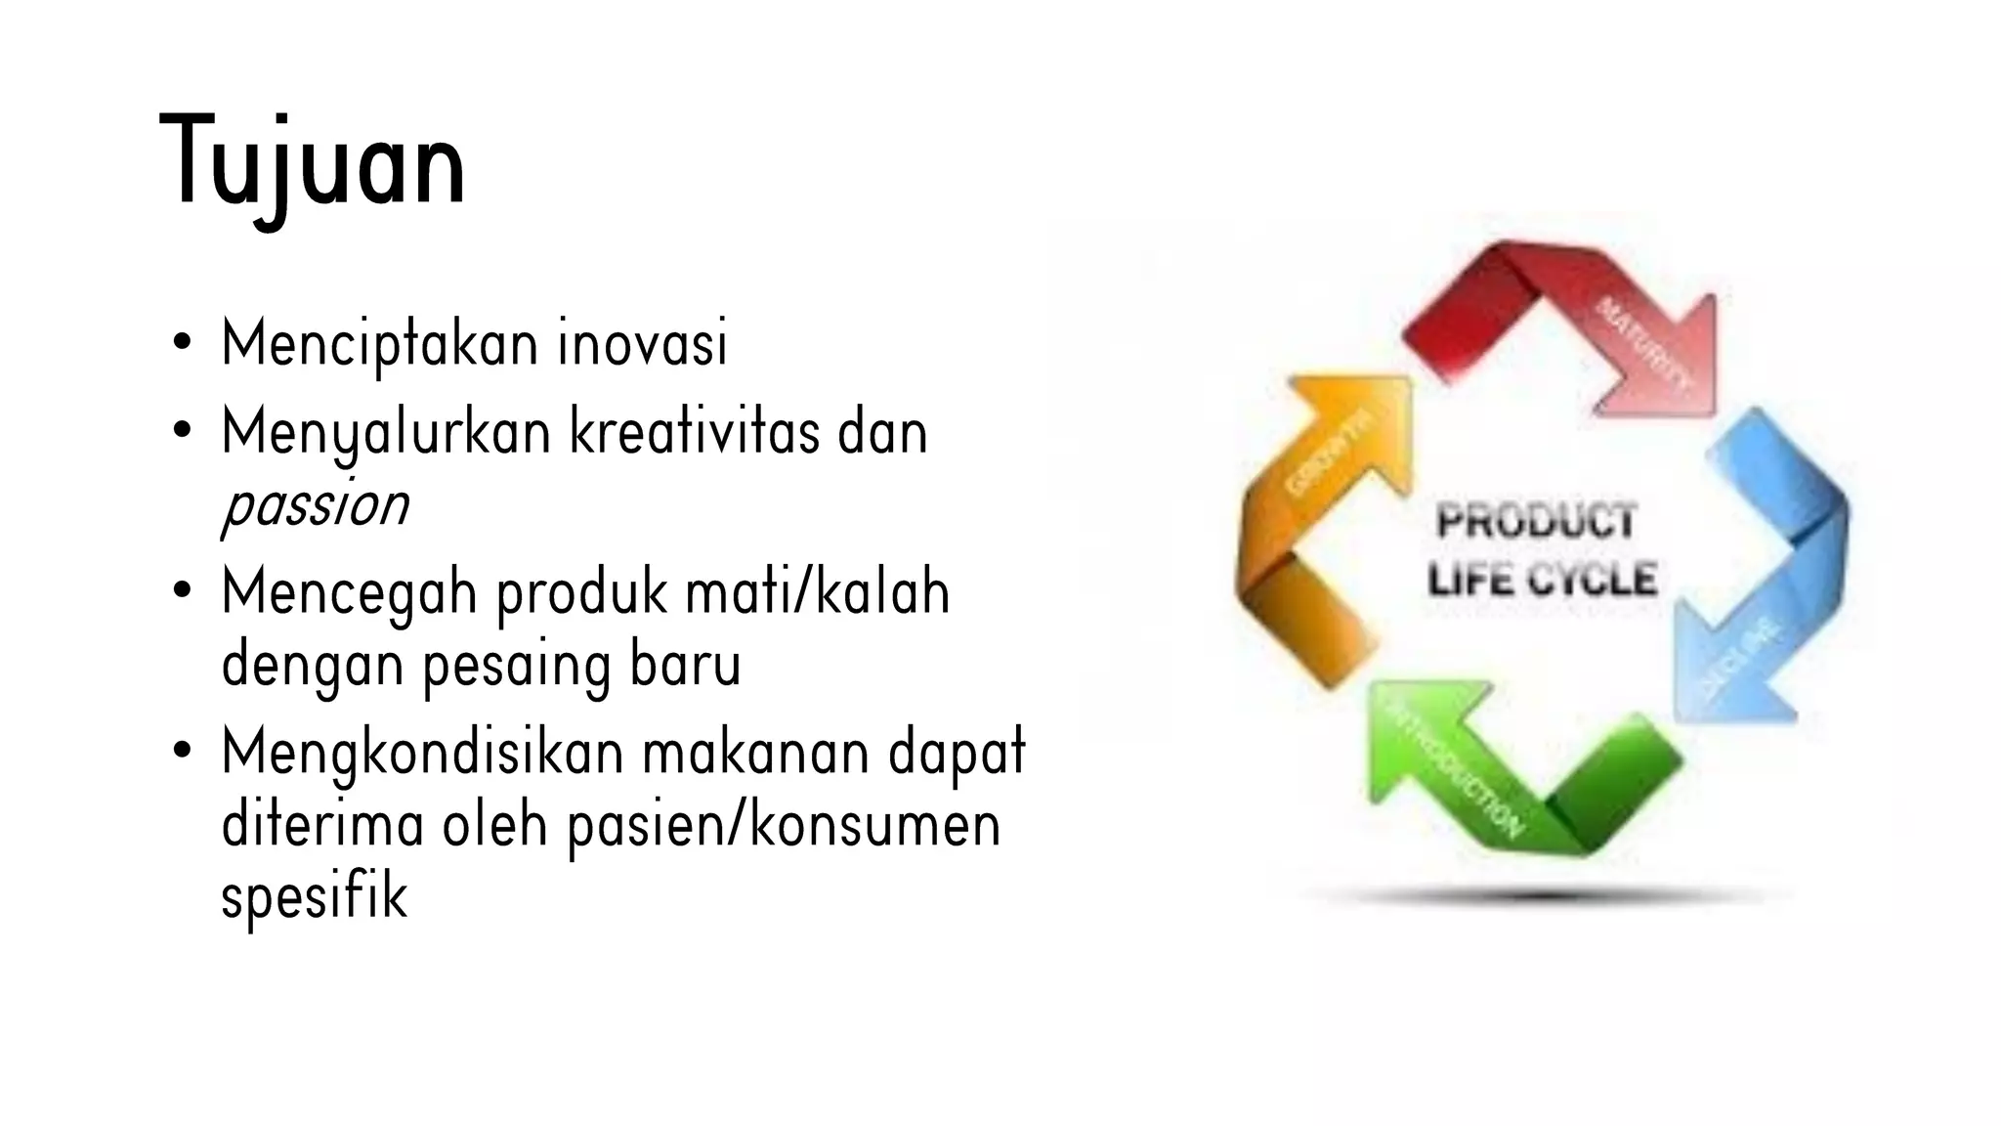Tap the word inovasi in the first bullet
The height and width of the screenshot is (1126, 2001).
[642, 344]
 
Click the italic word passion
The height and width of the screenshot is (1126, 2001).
[315, 506]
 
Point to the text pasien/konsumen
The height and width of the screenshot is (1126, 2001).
[784, 826]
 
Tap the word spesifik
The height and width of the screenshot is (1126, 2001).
[314, 897]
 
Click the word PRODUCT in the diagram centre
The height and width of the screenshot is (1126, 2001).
[1536, 521]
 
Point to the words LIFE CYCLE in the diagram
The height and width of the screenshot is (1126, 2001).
[1542, 580]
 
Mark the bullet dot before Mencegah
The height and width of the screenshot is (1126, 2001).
[181, 592]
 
